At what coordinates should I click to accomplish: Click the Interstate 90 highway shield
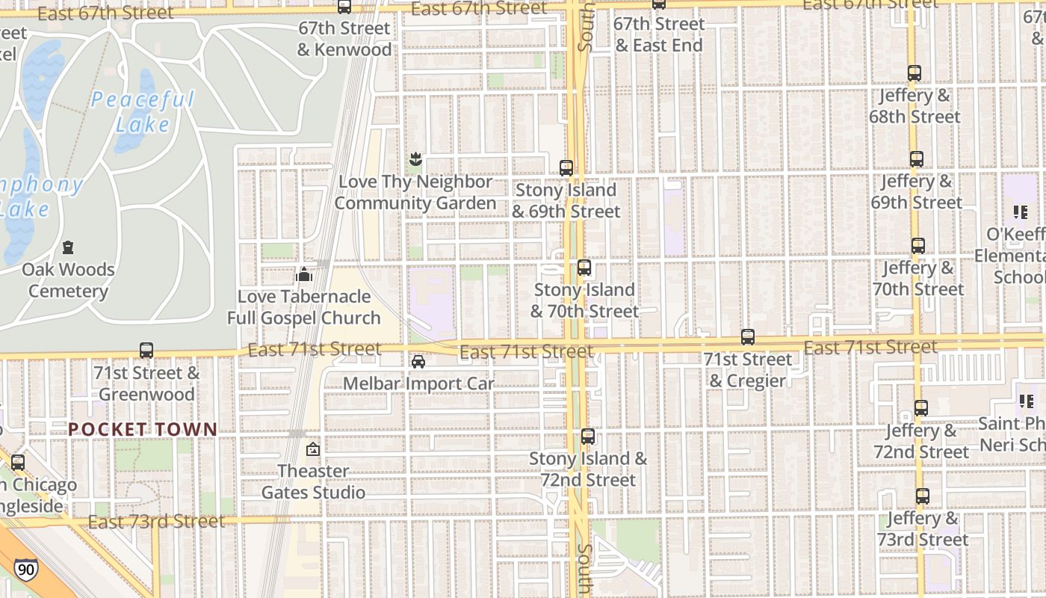[x=26, y=570]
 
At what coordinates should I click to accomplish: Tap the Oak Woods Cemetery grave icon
[x=68, y=247]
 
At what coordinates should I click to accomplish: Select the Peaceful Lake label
[x=143, y=111]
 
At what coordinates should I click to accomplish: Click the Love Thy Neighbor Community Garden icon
[x=415, y=158]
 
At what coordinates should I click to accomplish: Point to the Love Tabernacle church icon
[x=303, y=275]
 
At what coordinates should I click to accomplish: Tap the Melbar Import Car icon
[x=418, y=362]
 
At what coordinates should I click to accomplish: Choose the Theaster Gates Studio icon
[x=313, y=449]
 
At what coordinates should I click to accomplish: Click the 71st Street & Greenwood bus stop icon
[x=146, y=350]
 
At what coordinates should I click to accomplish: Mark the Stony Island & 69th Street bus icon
[x=566, y=167]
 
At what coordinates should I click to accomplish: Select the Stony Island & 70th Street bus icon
[x=584, y=267]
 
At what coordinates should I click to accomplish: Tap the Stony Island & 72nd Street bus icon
[x=588, y=437]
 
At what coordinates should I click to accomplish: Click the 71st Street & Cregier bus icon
[x=748, y=337]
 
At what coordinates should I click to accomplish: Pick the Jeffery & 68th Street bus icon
[x=915, y=73]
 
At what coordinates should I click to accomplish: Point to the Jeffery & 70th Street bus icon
[x=918, y=245]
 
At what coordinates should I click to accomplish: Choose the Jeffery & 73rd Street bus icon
[x=923, y=496]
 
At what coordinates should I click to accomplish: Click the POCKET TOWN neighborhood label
[x=143, y=430]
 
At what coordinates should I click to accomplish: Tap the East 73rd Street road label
[x=156, y=521]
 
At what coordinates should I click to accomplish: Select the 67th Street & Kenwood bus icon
[x=344, y=7]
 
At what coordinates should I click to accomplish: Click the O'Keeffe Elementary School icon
[x=1021, y=212]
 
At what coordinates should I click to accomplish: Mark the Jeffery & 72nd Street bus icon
[x=921, y=408]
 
